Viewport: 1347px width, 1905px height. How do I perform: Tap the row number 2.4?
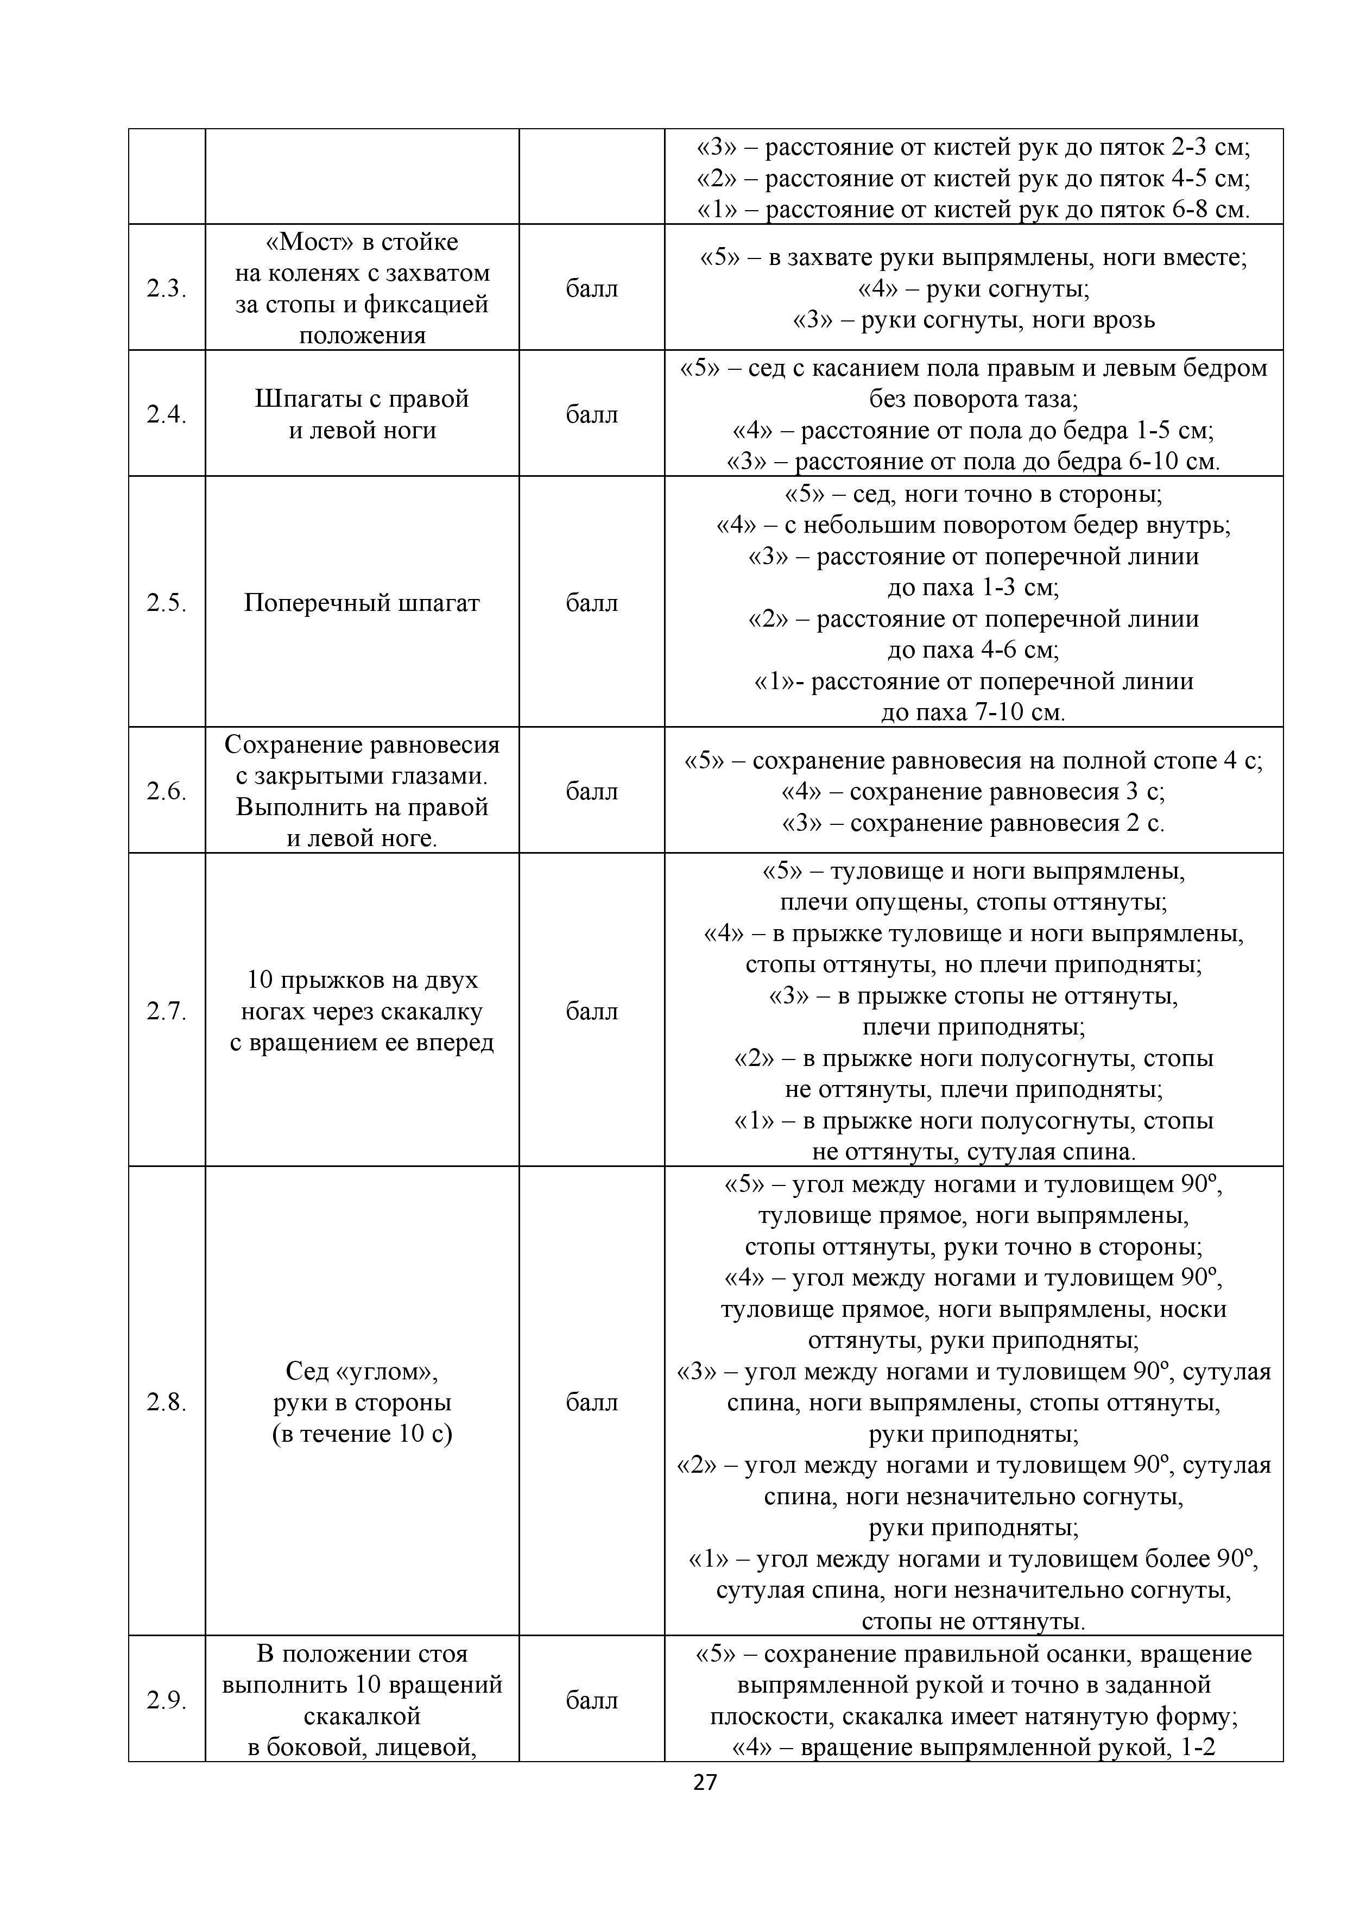pos(167,413)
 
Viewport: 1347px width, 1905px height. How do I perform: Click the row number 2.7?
pos(167,1011)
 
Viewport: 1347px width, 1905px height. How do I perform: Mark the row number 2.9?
pos(167,1700)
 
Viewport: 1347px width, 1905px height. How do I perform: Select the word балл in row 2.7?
pos(591,1011)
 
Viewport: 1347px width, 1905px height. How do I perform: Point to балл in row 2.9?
pos(591,1700)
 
